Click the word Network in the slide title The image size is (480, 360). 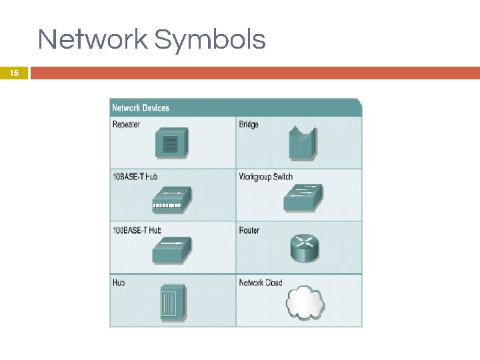coord(93,40)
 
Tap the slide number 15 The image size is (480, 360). coord(15,73)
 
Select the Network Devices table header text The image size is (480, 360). coord(141,108)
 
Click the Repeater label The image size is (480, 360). coord(126,124)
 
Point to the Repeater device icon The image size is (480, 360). coord(171,142)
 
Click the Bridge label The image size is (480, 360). coord(249,124)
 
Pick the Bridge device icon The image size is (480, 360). coord(302,143)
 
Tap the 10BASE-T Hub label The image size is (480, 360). coord(135,177)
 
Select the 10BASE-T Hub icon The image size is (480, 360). coord(171,198)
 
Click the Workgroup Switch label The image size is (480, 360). coord(265,177)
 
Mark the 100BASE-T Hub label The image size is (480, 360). coord(137,230)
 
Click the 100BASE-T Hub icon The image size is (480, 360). coord(171,250)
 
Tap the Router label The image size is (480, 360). coord(249,230)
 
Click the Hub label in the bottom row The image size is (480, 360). coord(119,283)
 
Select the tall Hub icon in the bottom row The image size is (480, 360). coord(171,303)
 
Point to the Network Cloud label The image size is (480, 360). coord(261,283)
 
